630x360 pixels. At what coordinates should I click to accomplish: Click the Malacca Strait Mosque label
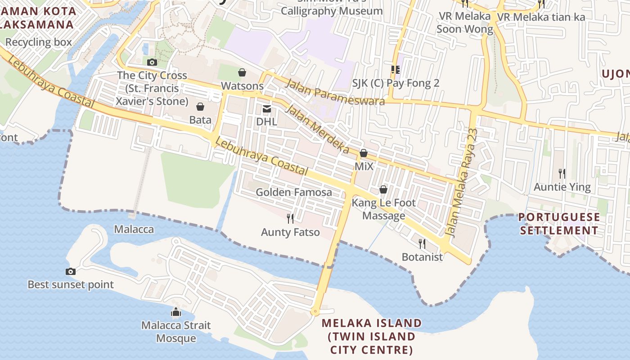[x=176, y=332]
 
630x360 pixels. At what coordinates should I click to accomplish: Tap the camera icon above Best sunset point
[x=71, y=271]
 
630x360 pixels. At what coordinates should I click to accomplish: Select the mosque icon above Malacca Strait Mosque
[x=176, y=311]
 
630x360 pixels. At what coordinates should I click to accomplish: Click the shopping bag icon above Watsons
[x=242, y=72]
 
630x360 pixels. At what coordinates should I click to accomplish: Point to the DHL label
[x=266, y=121]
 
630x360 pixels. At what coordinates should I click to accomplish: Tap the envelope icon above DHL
[x=266, y=108]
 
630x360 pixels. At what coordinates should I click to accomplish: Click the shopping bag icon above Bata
[x=200, y=107]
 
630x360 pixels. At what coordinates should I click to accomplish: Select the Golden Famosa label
[x=294, y=192]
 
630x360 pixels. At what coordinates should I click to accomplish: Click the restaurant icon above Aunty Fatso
[x=290, y=219]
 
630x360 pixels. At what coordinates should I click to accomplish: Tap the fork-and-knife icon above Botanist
[x=422, y=243]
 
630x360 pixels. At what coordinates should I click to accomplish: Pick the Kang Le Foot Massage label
[x=384, y=209]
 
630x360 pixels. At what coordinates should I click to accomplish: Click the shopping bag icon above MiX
[x=364, y=153]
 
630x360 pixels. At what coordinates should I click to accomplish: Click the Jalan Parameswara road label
[x=335, y=91]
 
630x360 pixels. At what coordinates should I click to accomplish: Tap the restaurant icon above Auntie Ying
[x=562, y=173]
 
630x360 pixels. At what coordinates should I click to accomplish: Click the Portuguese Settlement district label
[x=559, y=224]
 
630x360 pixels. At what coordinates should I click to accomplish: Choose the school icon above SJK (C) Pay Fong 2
[x=396, y=69]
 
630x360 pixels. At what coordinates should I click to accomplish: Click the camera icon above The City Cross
[x=152, y=62]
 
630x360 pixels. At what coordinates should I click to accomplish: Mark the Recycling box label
[x=39, y=42]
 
